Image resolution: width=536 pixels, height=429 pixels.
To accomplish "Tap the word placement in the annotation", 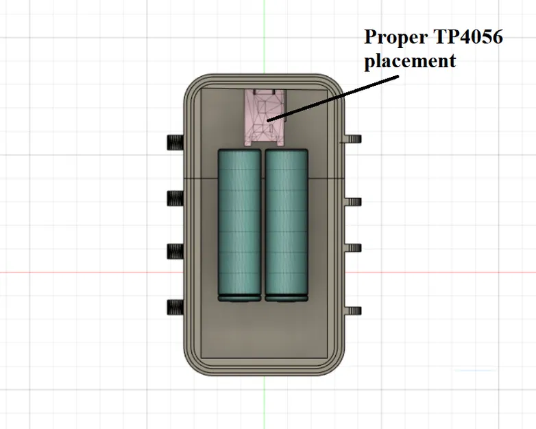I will pos(409,60).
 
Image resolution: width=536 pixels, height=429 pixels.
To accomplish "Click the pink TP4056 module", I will pos(265,118).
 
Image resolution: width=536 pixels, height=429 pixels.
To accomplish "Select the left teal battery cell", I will pos(239,223).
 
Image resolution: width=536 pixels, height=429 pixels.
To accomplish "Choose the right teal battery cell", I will pos(287,223).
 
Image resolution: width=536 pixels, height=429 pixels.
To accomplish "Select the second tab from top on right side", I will pos(352,201).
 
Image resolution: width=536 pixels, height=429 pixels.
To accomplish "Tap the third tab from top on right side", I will pos(352,247).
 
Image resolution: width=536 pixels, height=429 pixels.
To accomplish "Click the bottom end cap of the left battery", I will pos(239,298).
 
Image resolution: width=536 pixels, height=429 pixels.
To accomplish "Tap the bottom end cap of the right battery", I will pos(287,298).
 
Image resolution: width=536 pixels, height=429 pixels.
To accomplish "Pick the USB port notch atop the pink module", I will pos(265,92).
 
